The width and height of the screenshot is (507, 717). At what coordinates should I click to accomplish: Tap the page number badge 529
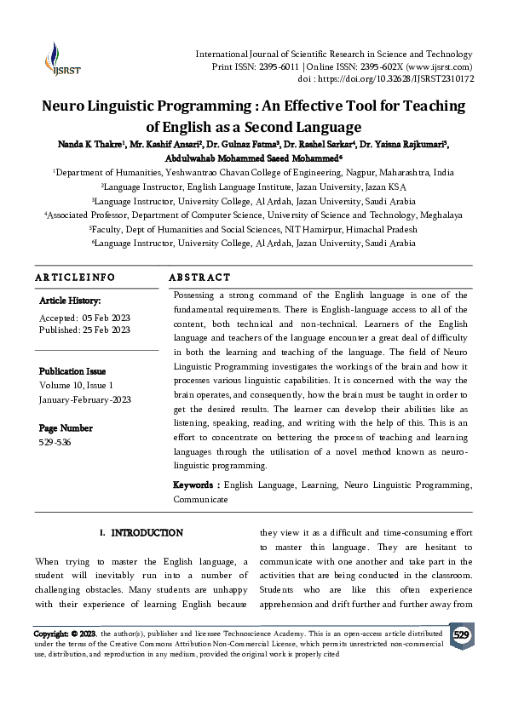[x=461, y=635]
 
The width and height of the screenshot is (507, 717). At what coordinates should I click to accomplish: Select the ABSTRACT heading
[x=199, y=278]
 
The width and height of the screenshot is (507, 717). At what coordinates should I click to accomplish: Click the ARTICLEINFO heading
[x=75, y=278]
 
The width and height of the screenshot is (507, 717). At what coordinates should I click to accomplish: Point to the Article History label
[x=70, y=301]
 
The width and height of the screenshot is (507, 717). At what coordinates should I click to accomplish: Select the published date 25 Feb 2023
[x=106, y=330]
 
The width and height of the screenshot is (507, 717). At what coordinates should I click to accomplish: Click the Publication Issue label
[x=72, y=371]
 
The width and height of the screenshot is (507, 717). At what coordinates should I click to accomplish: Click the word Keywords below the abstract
[x=195, y=485]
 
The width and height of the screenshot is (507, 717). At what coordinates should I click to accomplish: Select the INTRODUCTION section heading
[x=147, y=533]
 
